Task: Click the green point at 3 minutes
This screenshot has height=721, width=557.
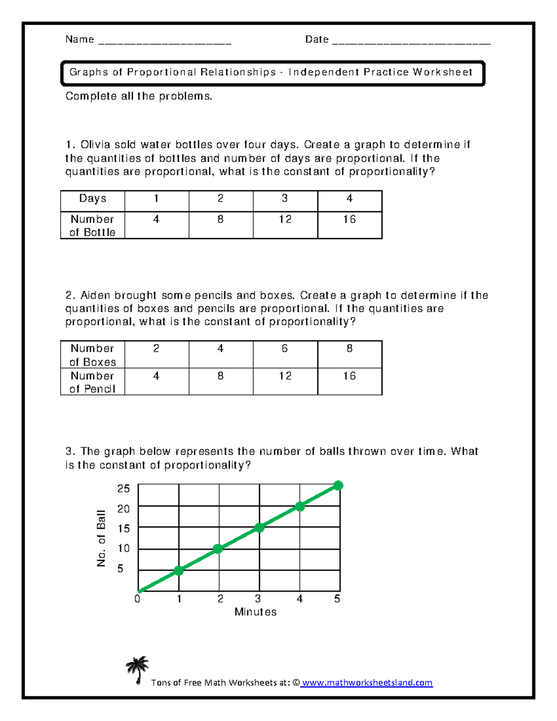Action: pyautogui.click(x=259, y=527)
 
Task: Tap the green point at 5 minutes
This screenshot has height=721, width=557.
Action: pyautogui.click(x=338, y=486)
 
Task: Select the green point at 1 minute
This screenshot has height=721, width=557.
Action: pyautogui.click(x=179, y=571)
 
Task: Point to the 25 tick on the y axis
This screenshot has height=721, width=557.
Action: pyautogui.click(x=123, y=488)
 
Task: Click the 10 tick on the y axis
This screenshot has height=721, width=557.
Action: pyautogui.click(x=123, y=548)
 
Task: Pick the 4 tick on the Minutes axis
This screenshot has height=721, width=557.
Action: pyautogui.click(x=300, y=599)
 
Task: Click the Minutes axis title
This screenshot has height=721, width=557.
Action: pyautogui.click(x=255, y=612)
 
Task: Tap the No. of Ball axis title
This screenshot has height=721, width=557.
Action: pyautogui.click(x=101, y=538)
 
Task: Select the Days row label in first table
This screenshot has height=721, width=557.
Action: pyautogui.click(x=92, y=199)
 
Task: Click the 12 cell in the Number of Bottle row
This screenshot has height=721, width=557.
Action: pyautogui.click(x=285, y=220)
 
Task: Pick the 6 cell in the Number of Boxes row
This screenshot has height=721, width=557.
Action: pyautogui.click(x=285, y=349)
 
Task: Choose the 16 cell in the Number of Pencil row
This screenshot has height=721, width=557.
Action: pyautogui.click(x=350, y=376)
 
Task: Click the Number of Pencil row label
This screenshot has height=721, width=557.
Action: pyautogui.click(x=92, y=382)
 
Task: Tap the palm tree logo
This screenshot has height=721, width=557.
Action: pyautogui.click(x=137, y=670)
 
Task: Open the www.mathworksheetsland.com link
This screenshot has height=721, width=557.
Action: pyautogui.click(x=367, y=682)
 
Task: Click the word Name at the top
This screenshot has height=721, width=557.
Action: pyautogui.click(x=79, y=39)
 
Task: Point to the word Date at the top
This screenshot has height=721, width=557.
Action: pyautogui.click(x=317, y=39)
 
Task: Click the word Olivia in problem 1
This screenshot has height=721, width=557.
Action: pyautogui.click(x=95, y=145)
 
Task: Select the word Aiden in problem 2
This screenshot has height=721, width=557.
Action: pyautogui.click(x=95, y=295)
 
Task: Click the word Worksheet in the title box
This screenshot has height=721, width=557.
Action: pyautogui.click(x=442, y=72)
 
